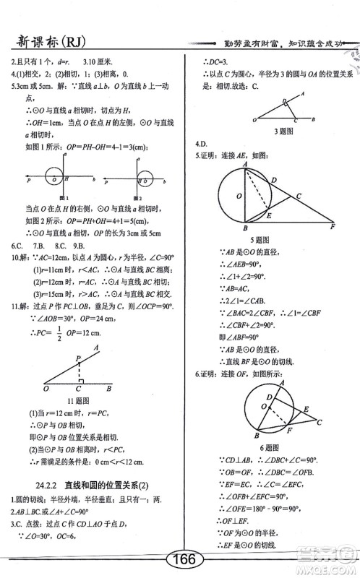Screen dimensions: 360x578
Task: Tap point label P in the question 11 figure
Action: coord(78,358)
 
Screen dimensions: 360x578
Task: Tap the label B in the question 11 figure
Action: coord(108,388)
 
